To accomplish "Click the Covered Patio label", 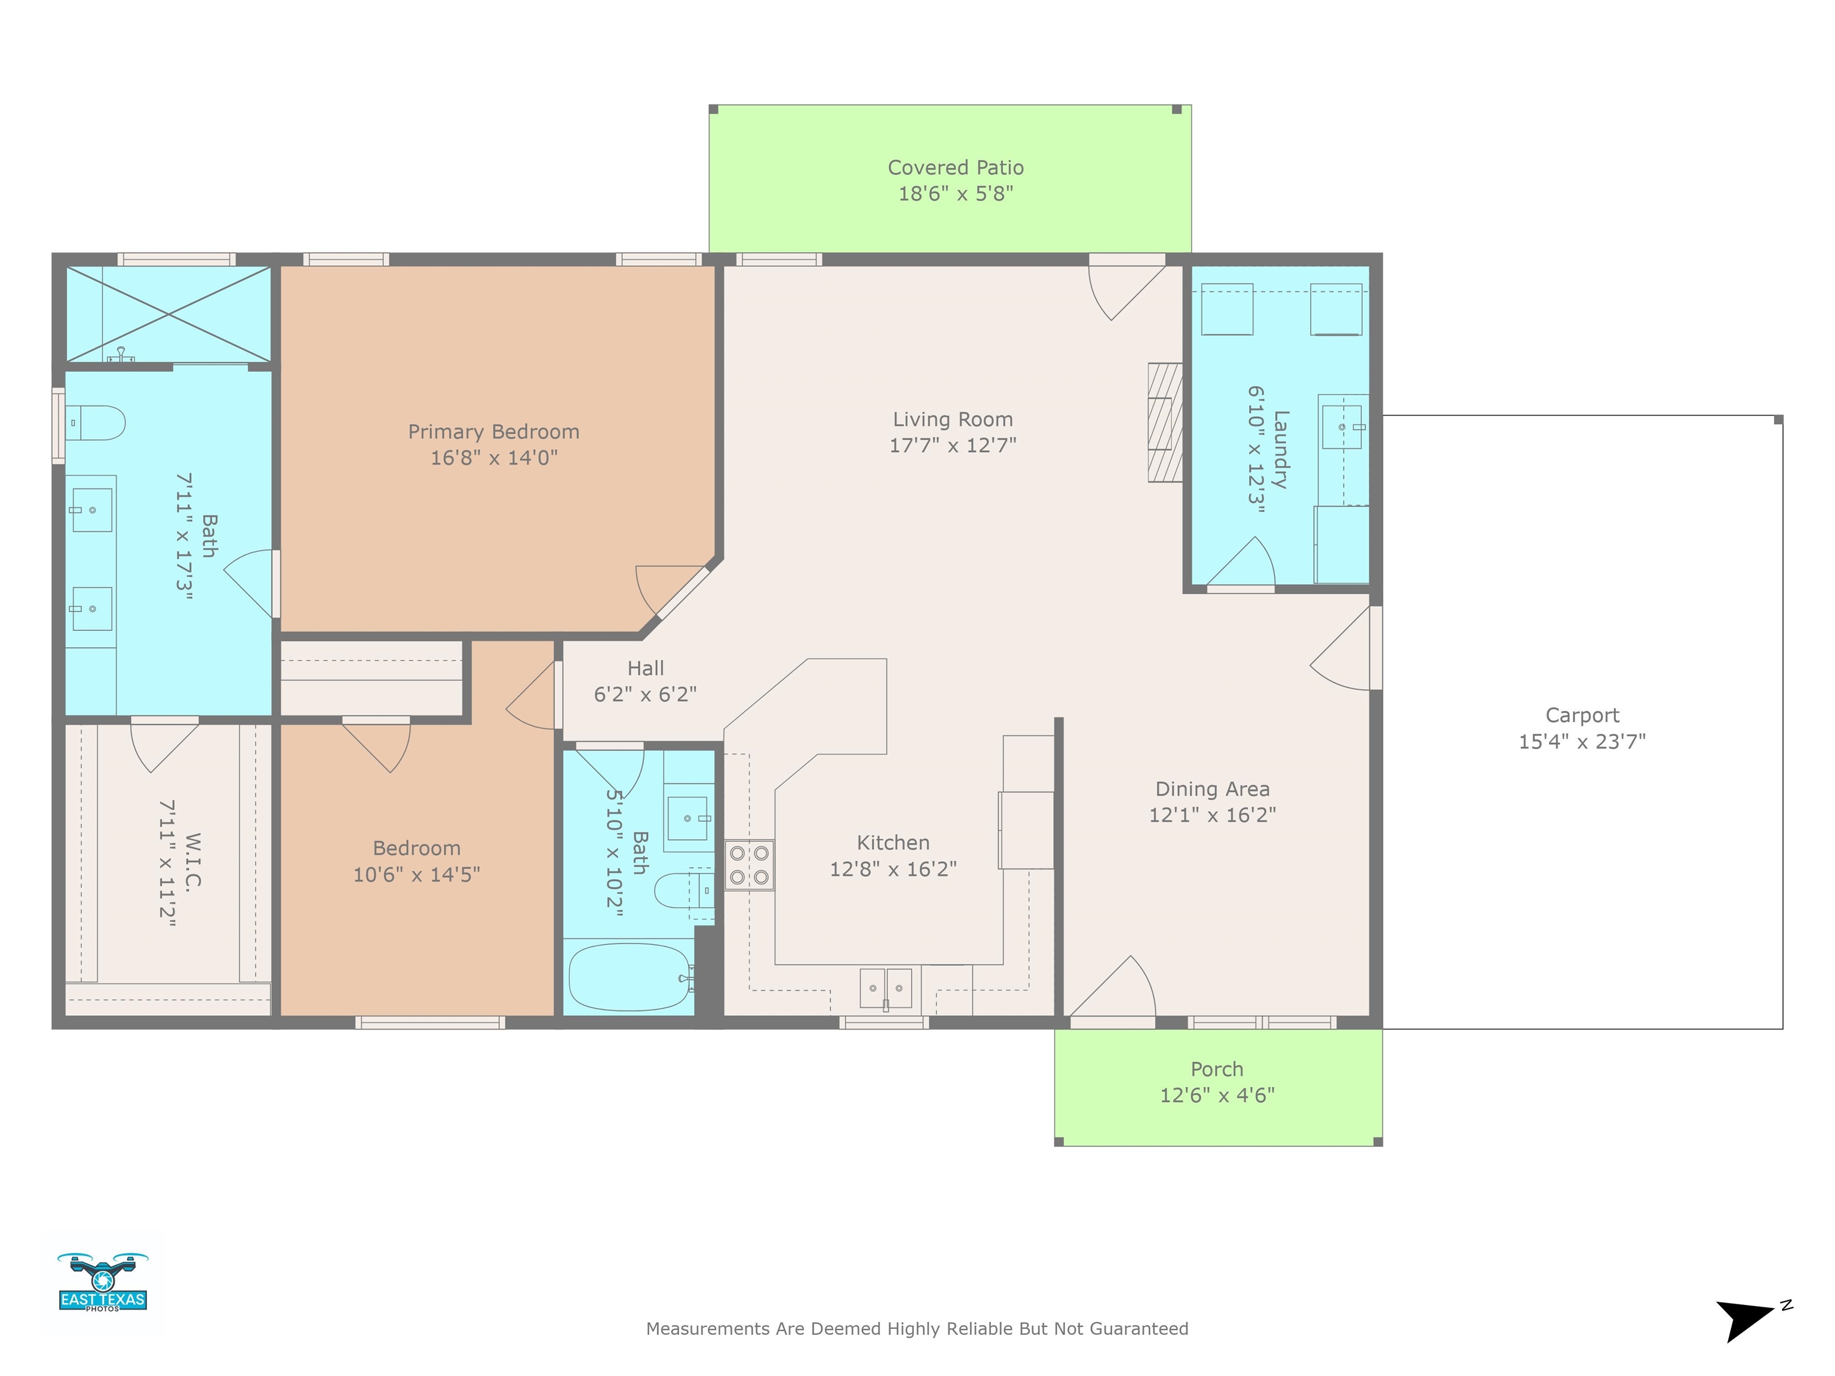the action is pyautogui.click(x=956, y=168).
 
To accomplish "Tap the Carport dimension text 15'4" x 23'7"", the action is pyautogui.click(x=1582, y=742).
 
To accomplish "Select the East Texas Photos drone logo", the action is pyautogui.click(x=103, y=1282).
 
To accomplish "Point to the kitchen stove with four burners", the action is pyautogui.click(x=749, y=865).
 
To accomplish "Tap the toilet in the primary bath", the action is pyautogui.click(x=94, y=423).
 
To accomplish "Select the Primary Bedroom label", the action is pyautogui.click(x=493, y=432).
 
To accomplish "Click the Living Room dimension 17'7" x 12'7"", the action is pyautogui.click(x=952, y=446).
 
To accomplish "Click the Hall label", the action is pyautogui.click(x=645, y=668).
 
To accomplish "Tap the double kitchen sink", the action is pyautogui.click(x=886, y=988).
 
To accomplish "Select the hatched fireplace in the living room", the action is pyautogui.click(x=1165, y=422).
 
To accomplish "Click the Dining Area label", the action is pyautogui.click(x=1212, y=789).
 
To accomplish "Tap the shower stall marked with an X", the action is pyautogui.click(x=168, y=314).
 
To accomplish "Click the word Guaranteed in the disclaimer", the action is pyautogui.click(x=1139, y=1329).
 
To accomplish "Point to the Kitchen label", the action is pyautogui.click(x=892, y=843).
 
